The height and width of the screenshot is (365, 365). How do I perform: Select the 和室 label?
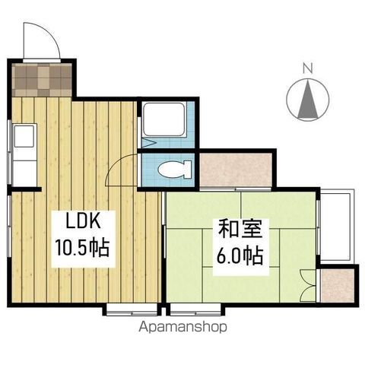click(x=236, y=228)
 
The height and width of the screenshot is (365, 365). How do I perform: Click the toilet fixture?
click(x=173, y=169)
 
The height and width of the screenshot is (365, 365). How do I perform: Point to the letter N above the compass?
click(x=308, y=67)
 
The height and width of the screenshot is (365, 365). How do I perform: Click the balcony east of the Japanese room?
click(x=335, y=226)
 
